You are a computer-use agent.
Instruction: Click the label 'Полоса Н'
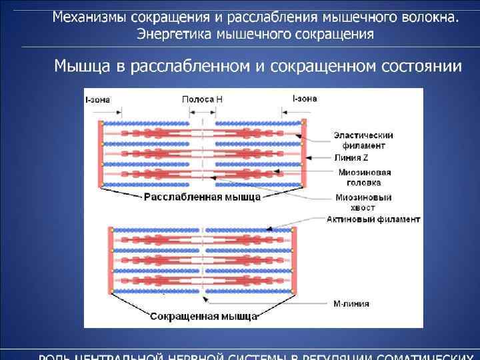pyautogui.click(x=203, y=99)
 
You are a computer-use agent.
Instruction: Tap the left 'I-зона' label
pyautogui.click(x=97, y=99)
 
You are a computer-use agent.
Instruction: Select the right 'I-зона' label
pyautogui.click(x=304, y=99)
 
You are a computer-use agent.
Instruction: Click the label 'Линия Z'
pyautogui.click(x=351, y=157)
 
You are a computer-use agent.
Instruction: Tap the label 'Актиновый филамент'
pyautogui.click(x=373, y=219)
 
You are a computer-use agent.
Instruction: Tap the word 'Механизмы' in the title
pyautogui.click(x=89, y=16)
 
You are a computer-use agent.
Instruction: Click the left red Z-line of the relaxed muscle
pyautogui.click(x=101, y=154)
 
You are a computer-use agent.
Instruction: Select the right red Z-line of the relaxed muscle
pyautogui.click(x=304, y=154)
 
